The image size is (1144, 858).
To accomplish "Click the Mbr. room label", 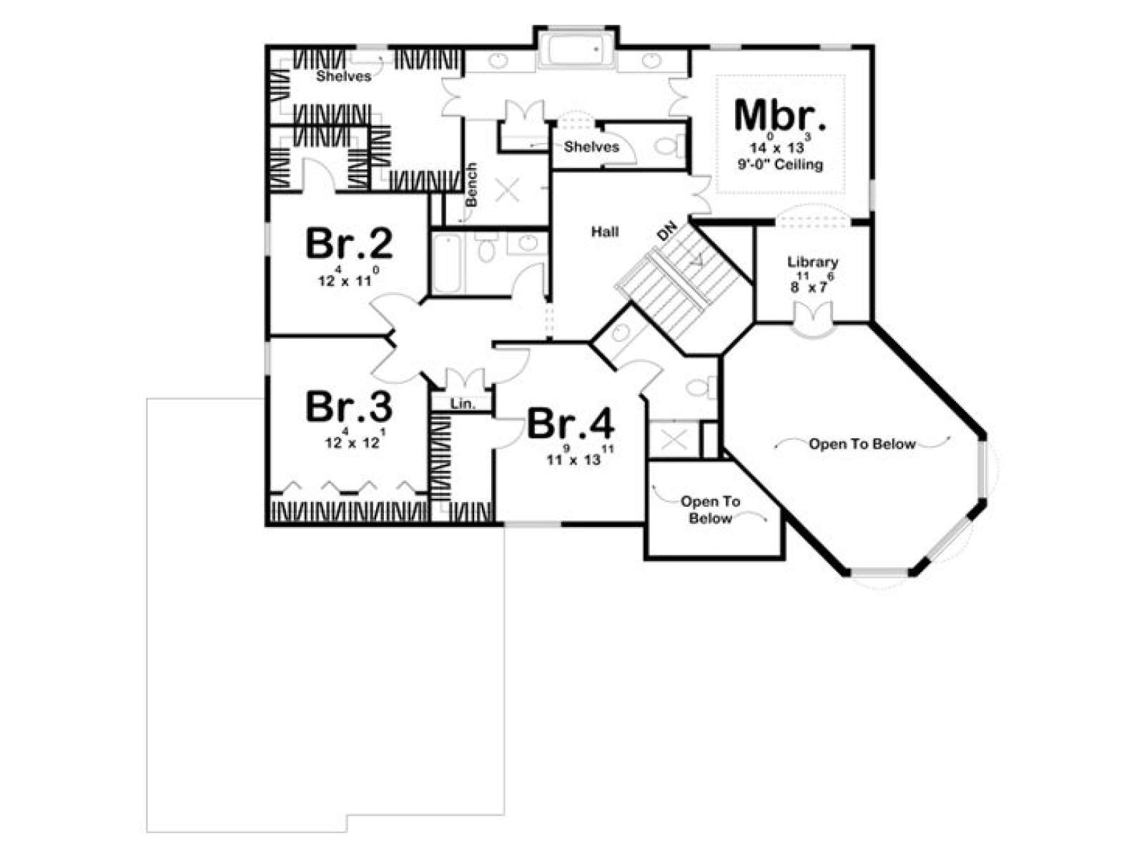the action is point(779,115).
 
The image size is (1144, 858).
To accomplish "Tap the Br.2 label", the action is point(349,243).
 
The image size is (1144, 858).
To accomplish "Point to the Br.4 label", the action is point(571,423).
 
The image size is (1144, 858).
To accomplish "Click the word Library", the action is point(812,262).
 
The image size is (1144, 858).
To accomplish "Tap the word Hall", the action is point(605,231).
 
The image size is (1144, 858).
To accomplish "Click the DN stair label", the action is point(666,231).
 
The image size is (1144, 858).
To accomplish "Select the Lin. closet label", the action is point(463,403).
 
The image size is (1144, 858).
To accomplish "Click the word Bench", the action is point(471,184).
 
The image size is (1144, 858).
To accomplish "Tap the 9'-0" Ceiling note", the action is point(780,164).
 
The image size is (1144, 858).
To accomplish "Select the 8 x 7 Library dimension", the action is point(812,283).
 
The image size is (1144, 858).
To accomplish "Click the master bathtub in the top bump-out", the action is point(576,50).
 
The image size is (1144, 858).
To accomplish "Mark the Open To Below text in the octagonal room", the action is point(862,444).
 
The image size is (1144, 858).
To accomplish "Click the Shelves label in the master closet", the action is point(344,76).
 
